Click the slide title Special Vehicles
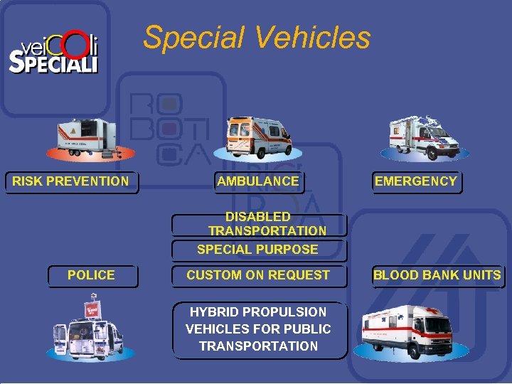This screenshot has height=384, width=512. tap(257, 37)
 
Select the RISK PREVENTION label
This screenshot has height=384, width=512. tap(70, 181)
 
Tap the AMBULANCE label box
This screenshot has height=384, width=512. tap(258, 181)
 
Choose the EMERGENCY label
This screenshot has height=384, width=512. tap(416, 181)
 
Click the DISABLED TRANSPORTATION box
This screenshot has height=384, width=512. tap(259, 224)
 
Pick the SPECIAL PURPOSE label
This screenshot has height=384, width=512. tap(258, 250)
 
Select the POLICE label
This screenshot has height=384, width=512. tap(91, 275)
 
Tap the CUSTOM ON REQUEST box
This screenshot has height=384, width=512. tap(258, 275)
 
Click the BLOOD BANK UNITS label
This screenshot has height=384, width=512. tap(437, 275)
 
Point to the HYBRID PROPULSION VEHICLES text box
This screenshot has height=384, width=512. tap(259, 329)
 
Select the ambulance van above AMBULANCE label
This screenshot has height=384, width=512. tap(258, 136)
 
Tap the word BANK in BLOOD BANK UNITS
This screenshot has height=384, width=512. tap(438, 275)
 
